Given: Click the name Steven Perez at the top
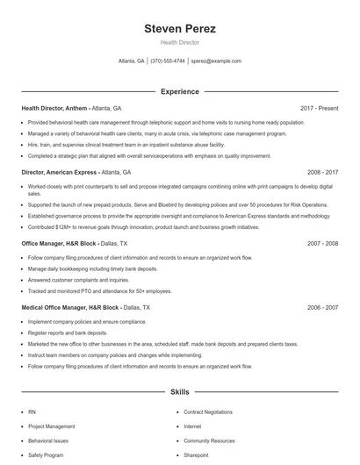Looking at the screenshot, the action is click(179, 29).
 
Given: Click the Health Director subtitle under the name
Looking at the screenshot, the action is click(179, 42).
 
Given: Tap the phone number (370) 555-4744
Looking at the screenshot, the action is click(168, 61).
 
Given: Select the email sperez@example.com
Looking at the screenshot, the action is click(216, 61).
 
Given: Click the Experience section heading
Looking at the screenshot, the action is click(179, 91).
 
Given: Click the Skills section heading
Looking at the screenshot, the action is click(179, 393).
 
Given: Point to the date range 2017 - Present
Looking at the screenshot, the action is click(319, 108).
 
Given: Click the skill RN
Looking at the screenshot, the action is click(32, 411).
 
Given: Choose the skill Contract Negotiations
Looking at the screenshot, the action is click(207, 411).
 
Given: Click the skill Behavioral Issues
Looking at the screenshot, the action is click(47, 441).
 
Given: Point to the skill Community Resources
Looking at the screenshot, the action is click(209, 441).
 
